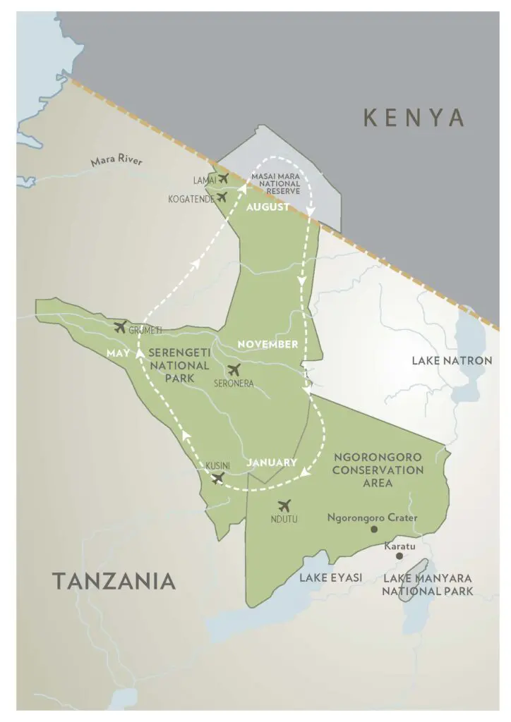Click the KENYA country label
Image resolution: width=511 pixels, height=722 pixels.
tap(414, 118)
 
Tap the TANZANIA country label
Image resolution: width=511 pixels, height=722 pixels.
tap(114, 581)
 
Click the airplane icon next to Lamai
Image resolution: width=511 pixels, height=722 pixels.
tap(224, 178)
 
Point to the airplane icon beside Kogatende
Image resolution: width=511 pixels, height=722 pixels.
tap(222, 197)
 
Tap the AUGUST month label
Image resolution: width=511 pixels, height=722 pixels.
tap(267, 208)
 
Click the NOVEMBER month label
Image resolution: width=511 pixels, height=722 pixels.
tap(267, 344)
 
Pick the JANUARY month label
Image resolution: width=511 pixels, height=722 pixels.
tap(271, 463)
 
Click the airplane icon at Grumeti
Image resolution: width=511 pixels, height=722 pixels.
tap(120, 326)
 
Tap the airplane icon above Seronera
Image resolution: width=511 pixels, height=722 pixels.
tap(234, 369)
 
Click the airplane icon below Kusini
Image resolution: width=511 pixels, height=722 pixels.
tap(218, 479)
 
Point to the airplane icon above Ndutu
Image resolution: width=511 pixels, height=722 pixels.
tap(284, 505)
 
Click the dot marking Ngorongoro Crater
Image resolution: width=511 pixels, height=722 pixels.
tap(373, 529)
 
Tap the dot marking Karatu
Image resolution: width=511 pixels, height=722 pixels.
tap(399, 556)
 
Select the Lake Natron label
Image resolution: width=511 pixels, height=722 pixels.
tap(452, 361)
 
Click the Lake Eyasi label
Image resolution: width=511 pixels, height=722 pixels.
tap(330, 577)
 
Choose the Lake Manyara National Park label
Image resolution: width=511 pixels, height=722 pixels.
tap(427, 585)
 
